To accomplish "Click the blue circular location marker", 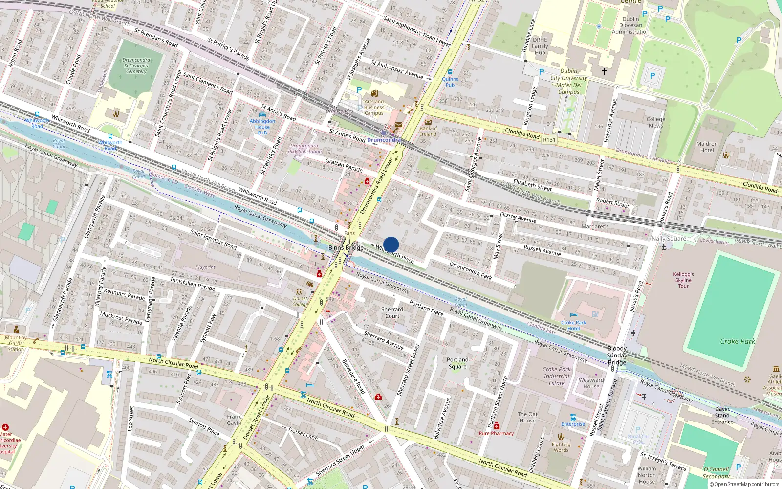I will point(391,244).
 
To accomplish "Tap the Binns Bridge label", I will point(346,248).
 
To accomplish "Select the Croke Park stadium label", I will point(737,341).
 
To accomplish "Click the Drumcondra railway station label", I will point(384,140).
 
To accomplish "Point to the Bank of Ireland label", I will point(428,131).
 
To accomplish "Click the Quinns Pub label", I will point(450,82).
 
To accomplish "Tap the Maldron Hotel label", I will point(707,147).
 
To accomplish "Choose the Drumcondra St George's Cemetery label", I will point(136,66).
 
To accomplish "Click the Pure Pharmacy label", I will point(496,433).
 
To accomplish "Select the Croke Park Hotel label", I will point(573,325).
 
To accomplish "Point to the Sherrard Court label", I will point(392,312).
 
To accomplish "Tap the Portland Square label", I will point(457,363).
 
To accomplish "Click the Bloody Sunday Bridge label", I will point(617,356).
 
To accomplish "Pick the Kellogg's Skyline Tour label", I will point(683,280).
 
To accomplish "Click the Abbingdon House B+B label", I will point(262,127).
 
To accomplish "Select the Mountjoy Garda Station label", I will point(16,343).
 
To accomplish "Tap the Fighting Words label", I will point(561,447).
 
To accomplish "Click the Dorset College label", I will point(301,301).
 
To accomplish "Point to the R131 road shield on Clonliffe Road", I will point(549,140).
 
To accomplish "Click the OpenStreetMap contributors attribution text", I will point(744,485).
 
